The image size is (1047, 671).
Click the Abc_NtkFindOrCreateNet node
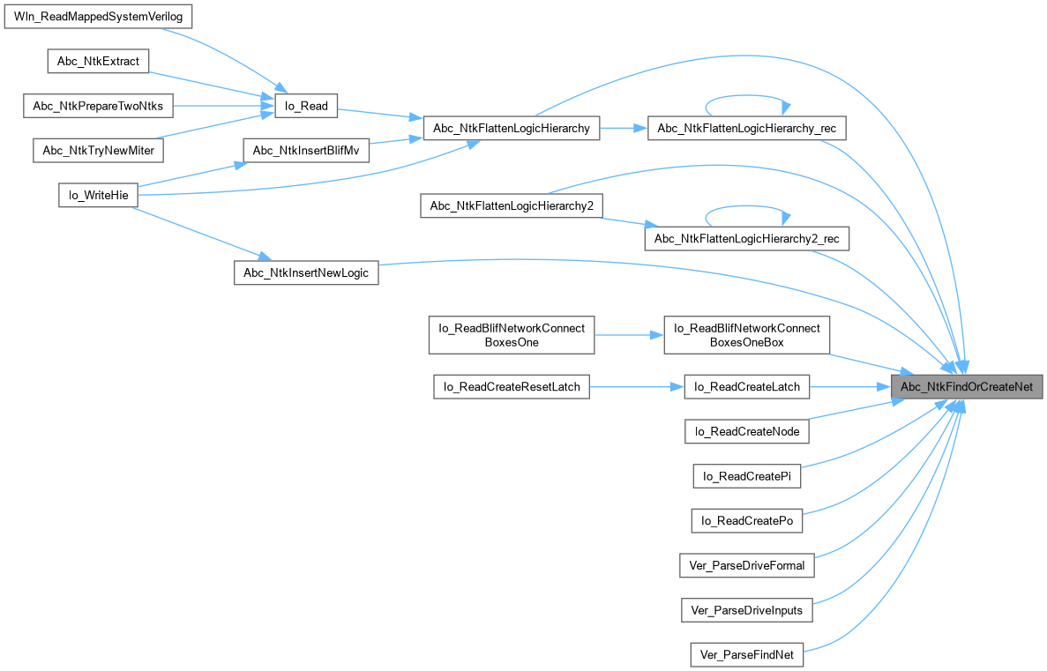click(968, 386)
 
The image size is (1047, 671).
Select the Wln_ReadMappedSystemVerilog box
click(98, 17)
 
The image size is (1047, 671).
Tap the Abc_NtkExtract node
click(98, 61)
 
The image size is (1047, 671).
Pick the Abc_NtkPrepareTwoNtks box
click(98, 106)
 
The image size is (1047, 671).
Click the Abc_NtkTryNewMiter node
click(98, 151)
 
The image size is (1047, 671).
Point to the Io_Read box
click(303, 106)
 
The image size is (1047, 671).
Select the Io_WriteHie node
click(98, 195)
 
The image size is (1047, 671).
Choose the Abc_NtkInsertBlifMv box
click(305, 151)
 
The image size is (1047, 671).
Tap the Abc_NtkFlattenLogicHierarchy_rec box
click(746, 128)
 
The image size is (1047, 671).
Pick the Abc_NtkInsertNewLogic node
click(305, 273)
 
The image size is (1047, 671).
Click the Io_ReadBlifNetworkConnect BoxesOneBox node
click(746, 335)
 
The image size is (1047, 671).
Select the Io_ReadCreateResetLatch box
click(512, 386)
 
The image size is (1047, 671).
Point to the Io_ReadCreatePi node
click(746, 476)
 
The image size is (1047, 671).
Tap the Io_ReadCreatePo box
click(746, 521)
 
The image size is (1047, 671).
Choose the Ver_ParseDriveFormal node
click(746, 565)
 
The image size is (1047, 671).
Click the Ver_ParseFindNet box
click(746, 654)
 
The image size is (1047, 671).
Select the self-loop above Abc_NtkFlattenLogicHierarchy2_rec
click(746, 209)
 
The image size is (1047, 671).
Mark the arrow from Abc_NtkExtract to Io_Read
click(212, 84)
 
